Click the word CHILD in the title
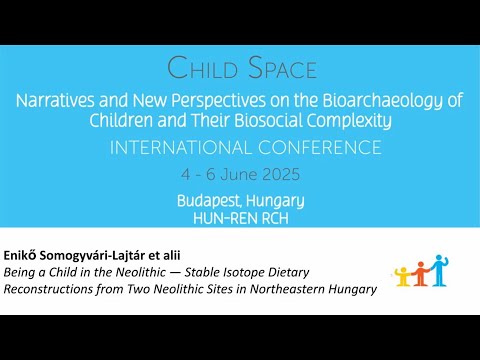coord(203,69)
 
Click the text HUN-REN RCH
coord(240,216)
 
